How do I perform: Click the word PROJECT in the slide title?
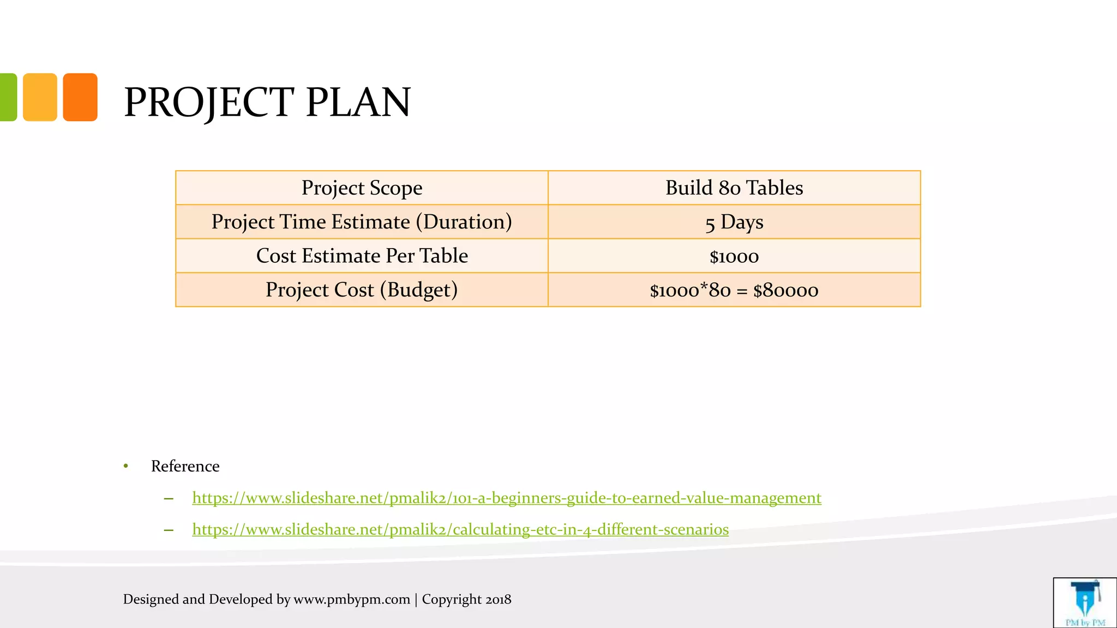pyautogui.click(x=209, y=102)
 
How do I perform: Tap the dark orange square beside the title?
pyautogui.click(x=80, y=97)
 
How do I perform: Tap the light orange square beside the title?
pyautogui.click(x=40, y=97)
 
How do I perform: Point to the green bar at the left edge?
pyautogui.click(x=8, y=97)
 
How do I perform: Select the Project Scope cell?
pyautogui.click(x=362, y=188)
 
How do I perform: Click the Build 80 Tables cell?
pyautogui.click(x=734, y=188)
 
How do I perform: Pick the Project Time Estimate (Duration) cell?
pyautogui.click(x=362, y=222)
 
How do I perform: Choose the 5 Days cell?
pyautogui.click(x=734, y=222)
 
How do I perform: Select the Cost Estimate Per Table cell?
pyautogui.click(x=362, y=256)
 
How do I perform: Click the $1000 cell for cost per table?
pyautogui.click(x=734, y=256)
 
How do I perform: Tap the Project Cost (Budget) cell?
pyautogui.click(x=362, y=290)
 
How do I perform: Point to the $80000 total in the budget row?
pyautogui.click(x=785, y=291)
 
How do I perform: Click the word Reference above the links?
pyautogui.click(x=185, y=466)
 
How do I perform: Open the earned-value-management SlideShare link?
pyautogui.click(x=506, y=498)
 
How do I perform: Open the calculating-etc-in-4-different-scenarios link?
pyautogui.click(x=460, y=529)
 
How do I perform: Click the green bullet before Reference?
pyautogui.click(x=126, y=466)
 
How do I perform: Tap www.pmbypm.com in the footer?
pyautogui.click(x=352, y=599)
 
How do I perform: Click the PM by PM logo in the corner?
pyautogui.click(x=1085, y=603)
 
